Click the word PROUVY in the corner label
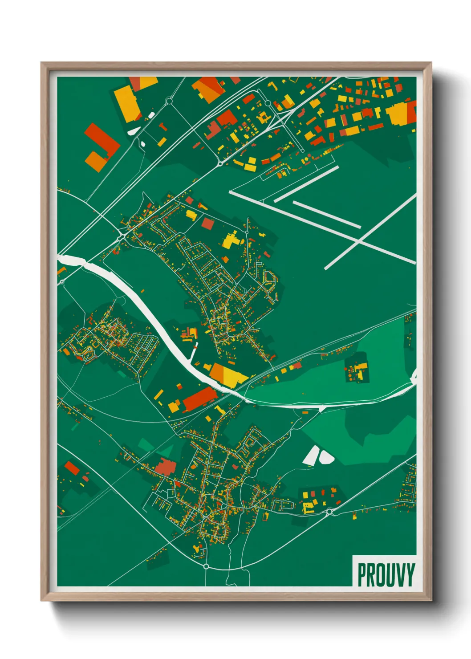click(x=386, y=575)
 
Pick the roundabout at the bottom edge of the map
click(x=206, y=566)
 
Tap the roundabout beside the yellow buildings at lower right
click(x=329, y=512)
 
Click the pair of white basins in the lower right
click(x=319, y=456)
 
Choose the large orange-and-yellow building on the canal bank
click(x=227, y=375)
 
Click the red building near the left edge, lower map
click(x=72, y=468)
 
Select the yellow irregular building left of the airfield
click(x=230, y=240)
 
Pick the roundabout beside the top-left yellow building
click(x=169, y=102)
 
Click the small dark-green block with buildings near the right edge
click(x=357, y=368)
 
